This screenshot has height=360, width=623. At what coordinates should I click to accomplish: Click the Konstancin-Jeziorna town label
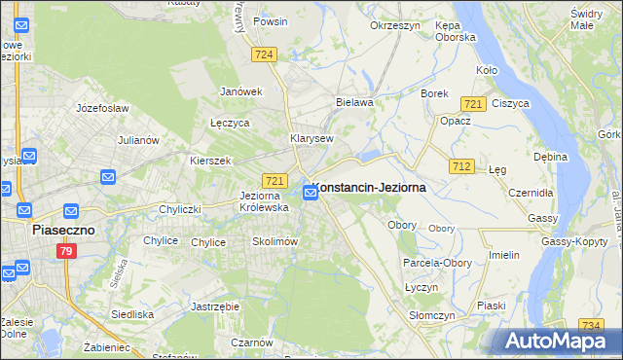coord(371,189)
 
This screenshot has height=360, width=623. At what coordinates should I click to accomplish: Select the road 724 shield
coord(261,56)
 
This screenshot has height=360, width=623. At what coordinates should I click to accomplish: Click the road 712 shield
coord(462,167)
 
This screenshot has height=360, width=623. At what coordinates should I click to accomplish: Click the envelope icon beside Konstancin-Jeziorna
coord(311,193)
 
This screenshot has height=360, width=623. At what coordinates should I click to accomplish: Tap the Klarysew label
coord(311,138)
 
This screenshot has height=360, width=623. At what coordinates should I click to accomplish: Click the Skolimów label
coord(274,241)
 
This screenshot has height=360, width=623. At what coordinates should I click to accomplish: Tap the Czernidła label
coord(531,193)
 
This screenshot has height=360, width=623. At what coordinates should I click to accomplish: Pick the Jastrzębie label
coord(216,306)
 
